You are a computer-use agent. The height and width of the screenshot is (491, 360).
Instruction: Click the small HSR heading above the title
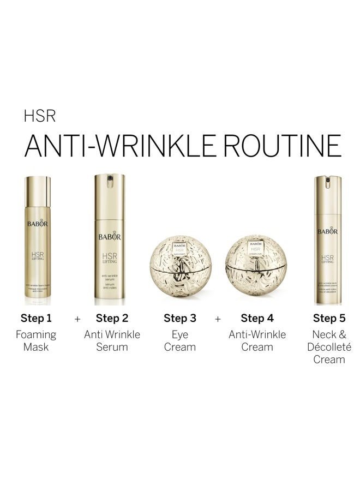point(40,117)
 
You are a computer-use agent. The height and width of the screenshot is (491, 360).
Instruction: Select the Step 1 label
point(36,318)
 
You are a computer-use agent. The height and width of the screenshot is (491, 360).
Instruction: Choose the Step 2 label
point(112,318)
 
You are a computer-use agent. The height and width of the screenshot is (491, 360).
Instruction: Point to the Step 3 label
point(180,318)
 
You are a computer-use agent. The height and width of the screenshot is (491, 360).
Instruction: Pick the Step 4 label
point(257,318)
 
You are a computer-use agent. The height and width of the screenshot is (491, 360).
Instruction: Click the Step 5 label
point(329,318)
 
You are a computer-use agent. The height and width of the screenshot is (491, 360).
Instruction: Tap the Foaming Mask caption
point(36,340)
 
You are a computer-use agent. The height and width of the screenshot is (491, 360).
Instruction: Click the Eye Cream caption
point(180,340)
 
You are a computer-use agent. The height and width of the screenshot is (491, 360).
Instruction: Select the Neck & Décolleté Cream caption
point(329,347)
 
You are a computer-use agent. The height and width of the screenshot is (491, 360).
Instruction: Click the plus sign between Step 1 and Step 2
point(77,319)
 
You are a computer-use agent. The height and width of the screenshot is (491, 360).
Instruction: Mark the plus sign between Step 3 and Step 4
point(218,319)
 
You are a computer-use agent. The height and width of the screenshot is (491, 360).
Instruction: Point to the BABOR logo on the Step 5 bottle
point(327,231)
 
